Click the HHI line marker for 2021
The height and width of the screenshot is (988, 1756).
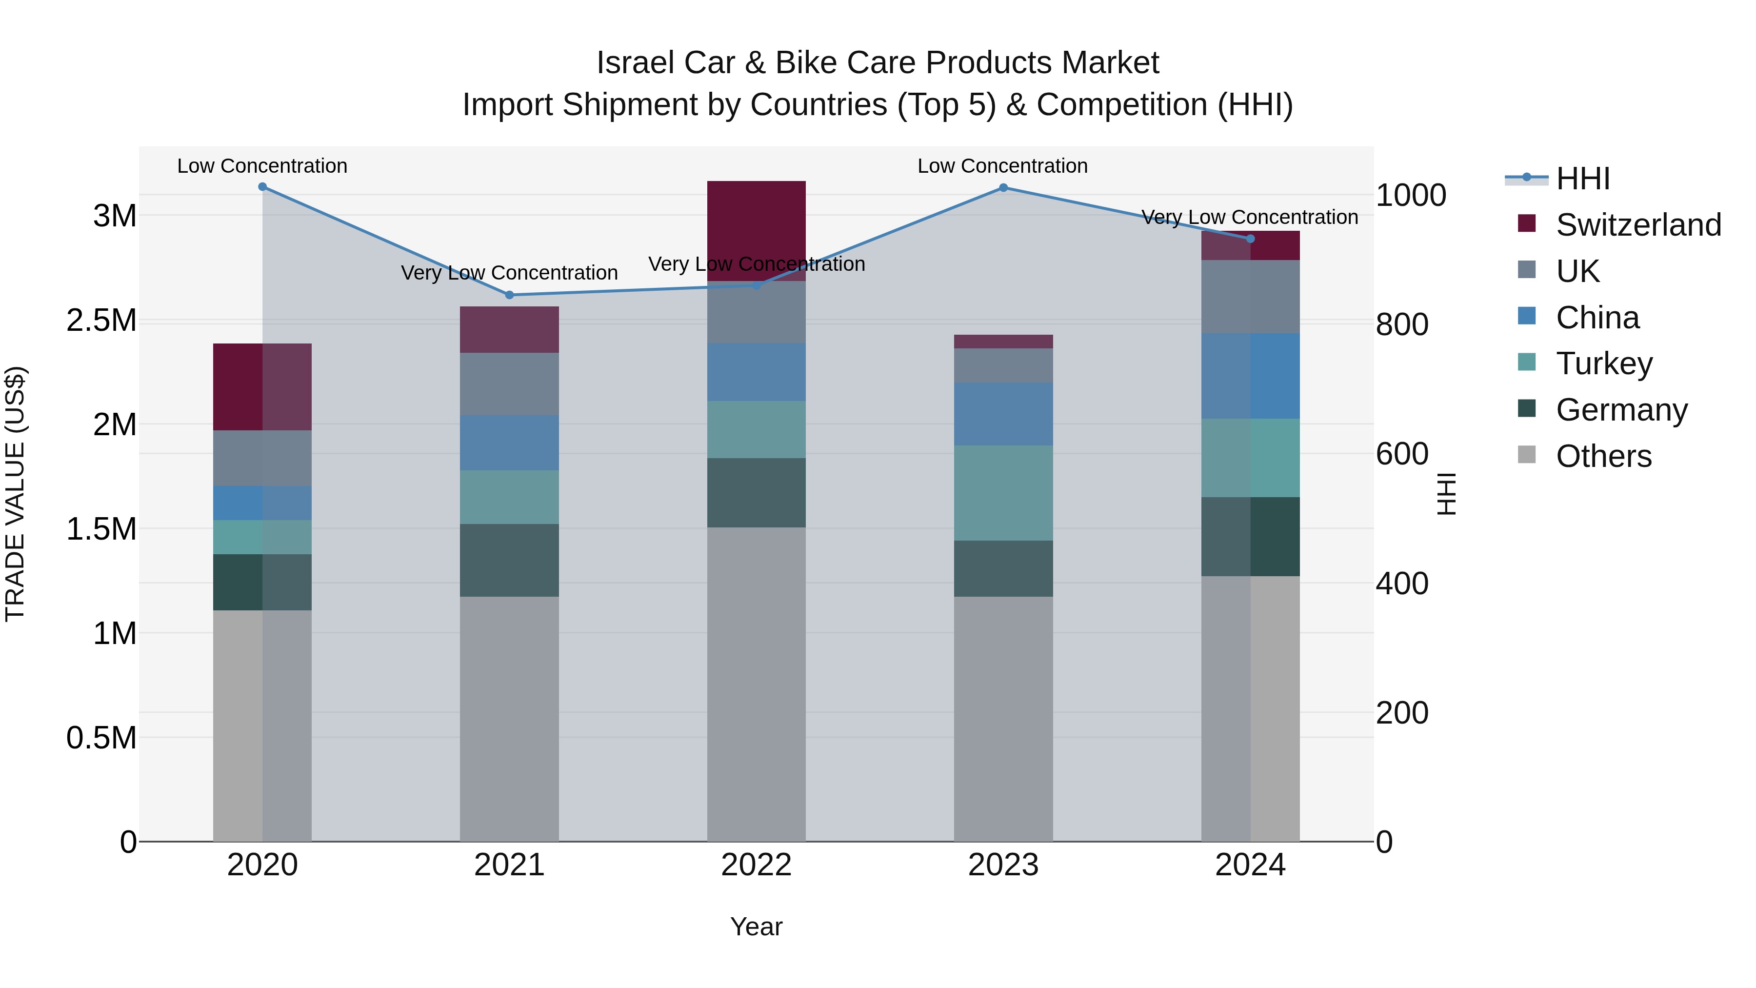[509, 295]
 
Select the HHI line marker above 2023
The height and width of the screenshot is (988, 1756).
[1003, 187]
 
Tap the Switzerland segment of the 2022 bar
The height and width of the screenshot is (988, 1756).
[756, 230]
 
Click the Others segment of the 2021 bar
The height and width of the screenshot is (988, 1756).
[509, 719]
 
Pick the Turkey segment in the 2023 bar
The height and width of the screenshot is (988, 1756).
[1003, 493]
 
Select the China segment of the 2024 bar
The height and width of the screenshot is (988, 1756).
[1250, 376]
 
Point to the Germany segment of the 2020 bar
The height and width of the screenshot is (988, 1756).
[262, 582]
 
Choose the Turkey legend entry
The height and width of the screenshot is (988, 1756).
[1604, 363]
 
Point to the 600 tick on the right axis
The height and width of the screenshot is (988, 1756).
[1401, 453]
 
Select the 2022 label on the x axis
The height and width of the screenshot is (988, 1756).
[756, 865]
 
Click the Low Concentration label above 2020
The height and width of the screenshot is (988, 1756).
[262, 166]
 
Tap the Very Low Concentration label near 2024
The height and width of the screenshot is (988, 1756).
[1250, 217]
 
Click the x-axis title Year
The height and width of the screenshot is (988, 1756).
[756, 927]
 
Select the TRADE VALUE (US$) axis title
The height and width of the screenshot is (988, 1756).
[15, 494]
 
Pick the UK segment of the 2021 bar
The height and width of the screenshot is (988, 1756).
[509, 384]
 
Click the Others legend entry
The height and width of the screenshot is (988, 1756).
[1603, 456]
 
